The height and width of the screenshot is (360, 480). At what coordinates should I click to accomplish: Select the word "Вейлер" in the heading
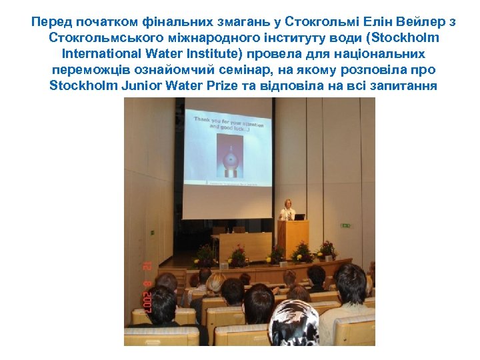(x=424, y=22)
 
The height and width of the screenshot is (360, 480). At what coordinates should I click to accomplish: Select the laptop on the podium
(x=299, y=217)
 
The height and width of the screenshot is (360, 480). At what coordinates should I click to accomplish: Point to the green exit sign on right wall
(x=345, y=225)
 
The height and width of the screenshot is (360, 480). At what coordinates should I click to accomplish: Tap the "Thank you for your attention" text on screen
(x=228, y=123)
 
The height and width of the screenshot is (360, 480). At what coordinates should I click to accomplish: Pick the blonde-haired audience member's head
(x=215, y=283)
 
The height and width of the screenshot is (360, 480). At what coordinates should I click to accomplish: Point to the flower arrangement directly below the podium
(x=300, y=253)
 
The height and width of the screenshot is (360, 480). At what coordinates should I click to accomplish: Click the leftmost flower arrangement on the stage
(x=205, y=256)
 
